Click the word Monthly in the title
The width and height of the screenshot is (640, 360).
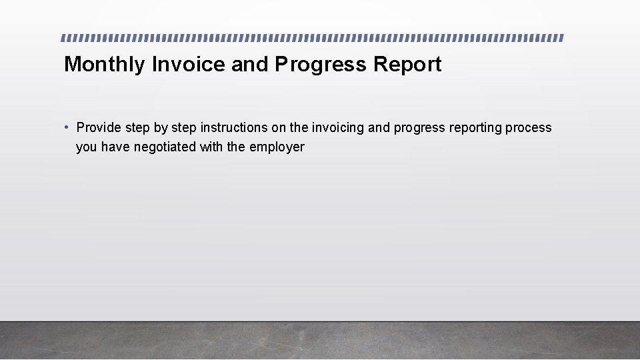(105, 65)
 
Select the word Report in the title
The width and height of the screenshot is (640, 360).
(407, 65)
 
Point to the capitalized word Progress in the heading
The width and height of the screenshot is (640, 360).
(321, 65)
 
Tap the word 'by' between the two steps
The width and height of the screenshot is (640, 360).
(161, 127)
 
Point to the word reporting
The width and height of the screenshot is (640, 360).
(473, 127)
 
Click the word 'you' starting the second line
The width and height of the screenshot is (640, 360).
(87, 147)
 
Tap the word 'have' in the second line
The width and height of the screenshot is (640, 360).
(115, 147)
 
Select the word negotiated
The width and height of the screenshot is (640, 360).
(165, 147)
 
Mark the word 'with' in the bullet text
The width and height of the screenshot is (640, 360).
(211, 147)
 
